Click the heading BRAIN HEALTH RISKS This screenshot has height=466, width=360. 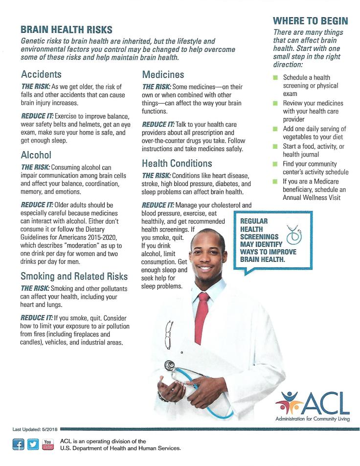[x=67, y=30]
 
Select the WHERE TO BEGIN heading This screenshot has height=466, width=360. [x=310, y=21]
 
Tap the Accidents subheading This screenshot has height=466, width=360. [x=41, y=74]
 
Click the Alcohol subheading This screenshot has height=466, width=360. [x=36, y=155]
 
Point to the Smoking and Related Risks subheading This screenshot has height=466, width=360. [x=74, y=276]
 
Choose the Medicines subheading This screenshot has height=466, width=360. [x=163, y=74]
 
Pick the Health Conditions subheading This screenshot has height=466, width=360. [x=177, y=163]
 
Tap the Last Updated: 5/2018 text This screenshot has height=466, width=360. [x=35, y=429]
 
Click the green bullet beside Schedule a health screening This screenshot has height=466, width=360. [x=276, y=78]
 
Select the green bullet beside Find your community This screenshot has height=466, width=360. [x=276, y=164]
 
